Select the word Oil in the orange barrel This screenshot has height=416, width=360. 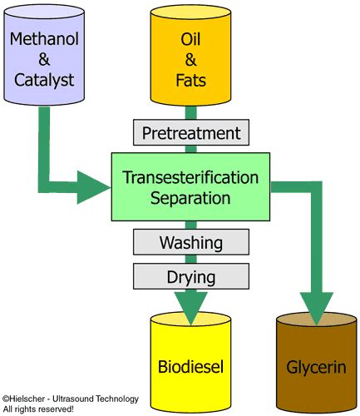(190, 38)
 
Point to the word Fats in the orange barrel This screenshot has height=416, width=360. (190, 80)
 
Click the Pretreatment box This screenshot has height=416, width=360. (191, 132)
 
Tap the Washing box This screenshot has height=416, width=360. (191, 244)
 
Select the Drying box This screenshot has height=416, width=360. (191, 275)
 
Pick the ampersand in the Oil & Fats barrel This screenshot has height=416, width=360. (190, 59)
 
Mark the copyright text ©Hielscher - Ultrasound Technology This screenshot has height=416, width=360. (70, 399)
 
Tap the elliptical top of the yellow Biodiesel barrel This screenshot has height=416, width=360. (191, 321)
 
